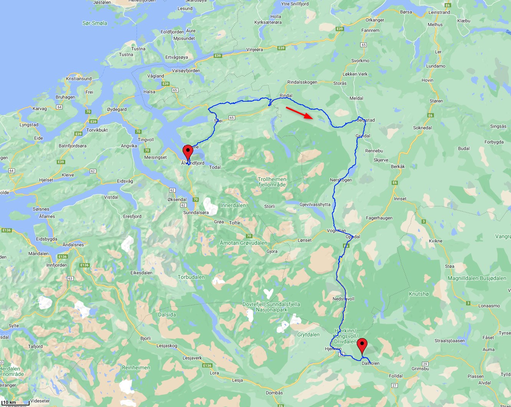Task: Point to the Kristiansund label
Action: click(79, 79)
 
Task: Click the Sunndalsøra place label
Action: click(196, 213)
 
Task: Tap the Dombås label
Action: click(274, 393)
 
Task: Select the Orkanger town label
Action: click(374, 20)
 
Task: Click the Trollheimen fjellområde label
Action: click(272, 182)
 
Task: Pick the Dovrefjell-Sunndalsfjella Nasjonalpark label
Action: click(271, 307)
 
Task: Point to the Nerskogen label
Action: click(341, 180)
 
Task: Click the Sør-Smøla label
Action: click(95, 23)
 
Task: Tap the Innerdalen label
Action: click(233, 205)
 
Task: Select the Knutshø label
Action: click(419, 294)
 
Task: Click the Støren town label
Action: click(436, 101)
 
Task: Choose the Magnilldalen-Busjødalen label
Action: click(477, 278)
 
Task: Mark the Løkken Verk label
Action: click(355, 74)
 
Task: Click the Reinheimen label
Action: click(136, 367)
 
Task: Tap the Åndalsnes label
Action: click(73, 245)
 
